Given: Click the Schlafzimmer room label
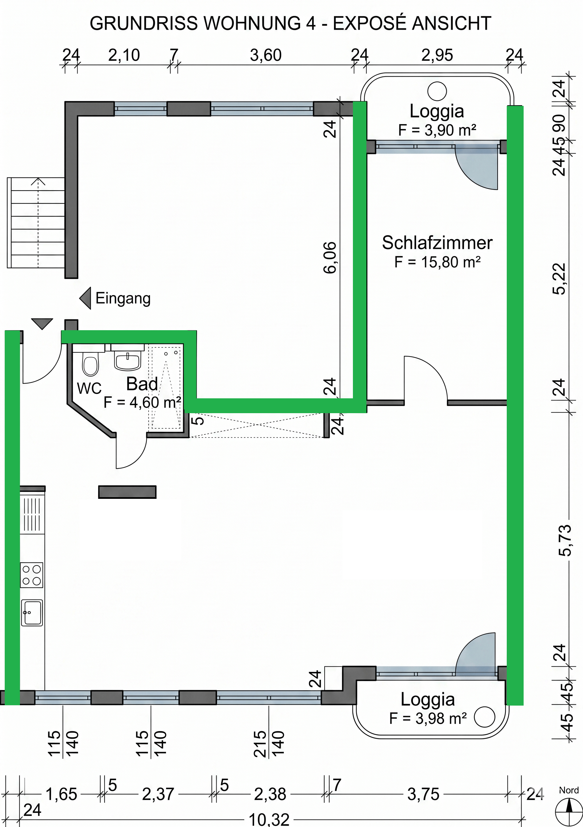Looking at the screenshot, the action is tap(437, 243).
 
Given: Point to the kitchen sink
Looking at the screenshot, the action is tap(32, 613).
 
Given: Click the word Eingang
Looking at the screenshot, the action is tap(123, 298).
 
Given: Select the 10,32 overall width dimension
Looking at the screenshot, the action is tap(269, 820).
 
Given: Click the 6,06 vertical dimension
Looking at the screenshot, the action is tap(330, 258).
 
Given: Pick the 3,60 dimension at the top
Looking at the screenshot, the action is tap(266, 55).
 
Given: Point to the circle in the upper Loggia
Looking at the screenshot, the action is tap(437, 91).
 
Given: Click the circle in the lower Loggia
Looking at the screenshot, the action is tap(484, 717).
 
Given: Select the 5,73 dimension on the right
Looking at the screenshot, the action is tap(565, 540).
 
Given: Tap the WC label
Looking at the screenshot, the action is tap(89, 389).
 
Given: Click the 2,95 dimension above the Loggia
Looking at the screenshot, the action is tap(437, 55).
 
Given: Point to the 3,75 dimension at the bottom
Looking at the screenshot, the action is tap(423, 794).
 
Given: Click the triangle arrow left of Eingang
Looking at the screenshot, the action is tap(85, 298).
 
